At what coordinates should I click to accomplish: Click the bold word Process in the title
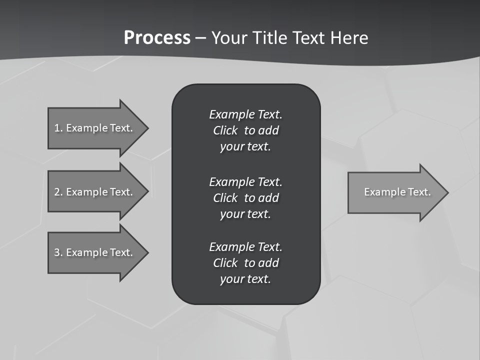(x=157, y=38)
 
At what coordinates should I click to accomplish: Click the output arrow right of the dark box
(x=395, y=192)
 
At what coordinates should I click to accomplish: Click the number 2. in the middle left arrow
(x=58, y=192)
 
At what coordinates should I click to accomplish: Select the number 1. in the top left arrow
(x=58, y=128)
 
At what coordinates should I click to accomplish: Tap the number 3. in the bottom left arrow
(x=58, y=252)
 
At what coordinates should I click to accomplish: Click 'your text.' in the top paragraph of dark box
(x=245, y=147)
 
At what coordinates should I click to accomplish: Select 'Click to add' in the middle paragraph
(x=245, y=198)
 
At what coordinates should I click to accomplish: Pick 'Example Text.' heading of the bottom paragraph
(x=245, y=247)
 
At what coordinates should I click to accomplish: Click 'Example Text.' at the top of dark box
(x=245, y=114)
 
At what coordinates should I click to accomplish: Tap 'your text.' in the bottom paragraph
(x=245, y=279)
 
